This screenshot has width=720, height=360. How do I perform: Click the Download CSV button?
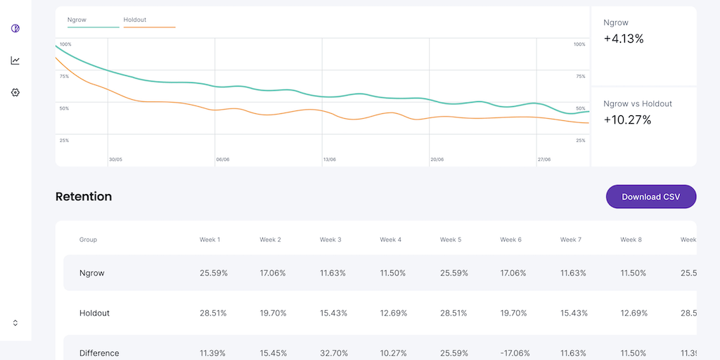coord(651,197)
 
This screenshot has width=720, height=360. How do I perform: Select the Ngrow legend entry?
coord(77,20)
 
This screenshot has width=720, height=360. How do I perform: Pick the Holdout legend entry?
coord(135,20)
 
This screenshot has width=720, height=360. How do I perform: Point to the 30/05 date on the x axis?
coord(115,160)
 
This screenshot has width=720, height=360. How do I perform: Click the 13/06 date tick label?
coord(329,160)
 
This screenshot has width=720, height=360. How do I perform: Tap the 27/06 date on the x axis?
coord(544,160)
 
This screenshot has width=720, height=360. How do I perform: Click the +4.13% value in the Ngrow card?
coord(624,39)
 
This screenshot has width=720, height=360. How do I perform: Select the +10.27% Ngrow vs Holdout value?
coord(627,120)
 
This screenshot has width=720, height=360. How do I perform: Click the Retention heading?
coord(84,197)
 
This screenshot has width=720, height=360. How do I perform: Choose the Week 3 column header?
coord(330,240)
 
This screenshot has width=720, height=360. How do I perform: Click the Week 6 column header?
coord(511,240)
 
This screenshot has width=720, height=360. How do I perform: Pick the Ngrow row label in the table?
coord(92,273)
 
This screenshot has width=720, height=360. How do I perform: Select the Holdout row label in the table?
coord(94,313)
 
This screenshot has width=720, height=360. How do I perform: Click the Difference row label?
coord(99,353)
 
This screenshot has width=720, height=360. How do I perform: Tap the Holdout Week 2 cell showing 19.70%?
coord(273,313)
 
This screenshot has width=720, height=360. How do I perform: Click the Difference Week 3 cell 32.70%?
coord(333,353)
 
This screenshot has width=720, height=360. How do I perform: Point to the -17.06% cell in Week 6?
coord(515,353)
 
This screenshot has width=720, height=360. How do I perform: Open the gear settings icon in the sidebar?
coord(15,92)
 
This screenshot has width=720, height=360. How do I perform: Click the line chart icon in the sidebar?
coord(15,60)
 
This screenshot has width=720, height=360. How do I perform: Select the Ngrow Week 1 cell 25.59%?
coord(213,273)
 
